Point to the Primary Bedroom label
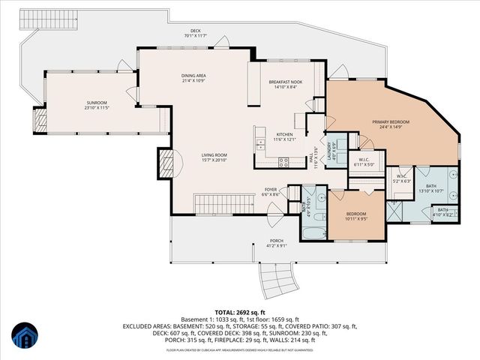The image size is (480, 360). (x=388, y=123)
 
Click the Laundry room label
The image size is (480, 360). (x=328, y=142)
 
